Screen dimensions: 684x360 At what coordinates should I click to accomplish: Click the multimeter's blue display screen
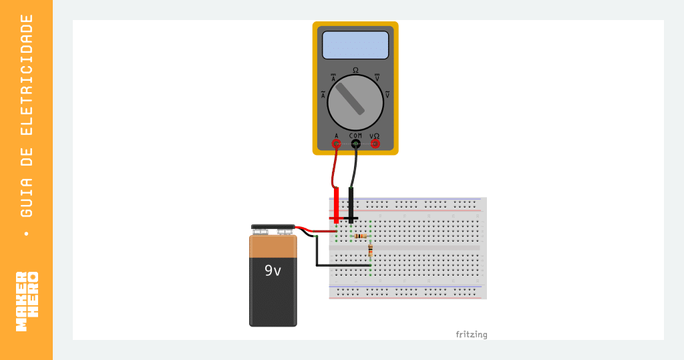(x=355, y=45)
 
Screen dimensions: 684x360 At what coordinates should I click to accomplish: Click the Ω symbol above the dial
(x=355, y=70)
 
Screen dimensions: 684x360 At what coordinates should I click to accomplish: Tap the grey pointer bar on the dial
(x=350, y=99)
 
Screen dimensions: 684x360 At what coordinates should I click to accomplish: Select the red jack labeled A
(x=336, y=144)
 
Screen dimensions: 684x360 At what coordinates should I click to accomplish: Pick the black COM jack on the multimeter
(x=355, y=144)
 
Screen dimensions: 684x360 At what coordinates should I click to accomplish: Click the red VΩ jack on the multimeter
(x=375, y=144)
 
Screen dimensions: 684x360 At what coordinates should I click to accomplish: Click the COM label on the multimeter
(x=355, y=136)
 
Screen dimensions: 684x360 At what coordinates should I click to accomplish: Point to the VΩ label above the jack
(x=375, y=136)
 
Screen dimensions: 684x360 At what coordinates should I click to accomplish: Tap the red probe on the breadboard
(x=336, y=206)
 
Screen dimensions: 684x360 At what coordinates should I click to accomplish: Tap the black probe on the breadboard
(x=351, y=206)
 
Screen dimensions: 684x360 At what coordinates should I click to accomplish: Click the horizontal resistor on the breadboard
(x=361, y=236)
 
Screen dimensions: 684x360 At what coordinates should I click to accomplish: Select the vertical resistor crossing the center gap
(x=370, y=250)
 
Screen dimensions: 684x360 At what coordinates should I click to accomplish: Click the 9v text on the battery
(x=273, y=271)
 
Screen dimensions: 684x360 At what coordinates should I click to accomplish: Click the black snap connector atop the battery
(x=273, y=227)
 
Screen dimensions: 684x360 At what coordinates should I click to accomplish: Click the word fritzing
(x=472, y=335)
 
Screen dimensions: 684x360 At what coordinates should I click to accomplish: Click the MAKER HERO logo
(x=27, y=301)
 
